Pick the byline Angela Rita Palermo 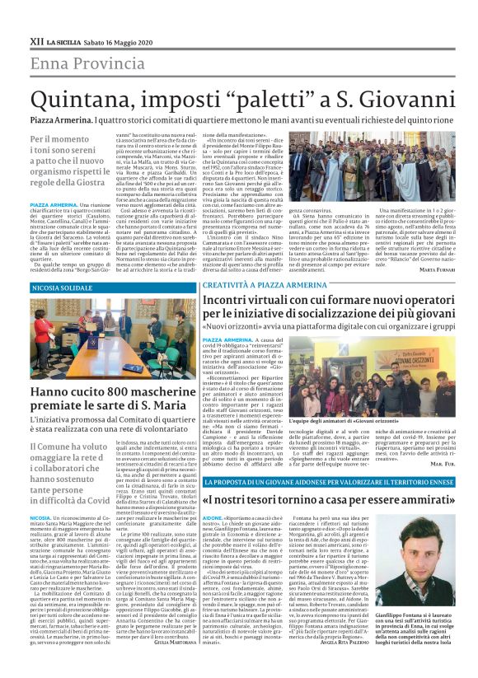point(335,643)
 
